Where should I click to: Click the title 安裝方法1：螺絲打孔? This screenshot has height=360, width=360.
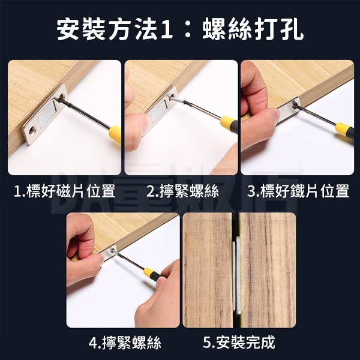click(x=180, y=29)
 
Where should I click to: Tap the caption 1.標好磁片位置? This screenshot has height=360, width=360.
click(x=65, y=191)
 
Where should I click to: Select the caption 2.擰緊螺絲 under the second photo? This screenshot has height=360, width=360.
click(x=183, y=191)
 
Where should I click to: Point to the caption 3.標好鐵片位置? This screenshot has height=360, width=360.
click(x=298, y=191)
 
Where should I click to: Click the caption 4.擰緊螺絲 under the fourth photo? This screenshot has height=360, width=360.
click(x=125, y=343)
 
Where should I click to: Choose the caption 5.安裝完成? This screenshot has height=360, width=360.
click(x=239, y=343)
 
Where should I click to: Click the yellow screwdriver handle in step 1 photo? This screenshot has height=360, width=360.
click(x=115, y=134)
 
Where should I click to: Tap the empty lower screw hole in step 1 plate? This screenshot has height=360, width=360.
click(x=31, y=131)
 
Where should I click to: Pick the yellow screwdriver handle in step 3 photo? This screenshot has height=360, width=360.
click(x=342, y=128)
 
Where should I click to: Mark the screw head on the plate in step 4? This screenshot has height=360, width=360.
click(x=113, y=251)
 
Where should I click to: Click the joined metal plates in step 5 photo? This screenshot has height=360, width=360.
click(x=236, y=275)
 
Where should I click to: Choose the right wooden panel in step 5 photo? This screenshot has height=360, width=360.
click(x=268, y=270)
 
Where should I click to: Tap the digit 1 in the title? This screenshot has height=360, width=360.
click(x=167, y=30)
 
